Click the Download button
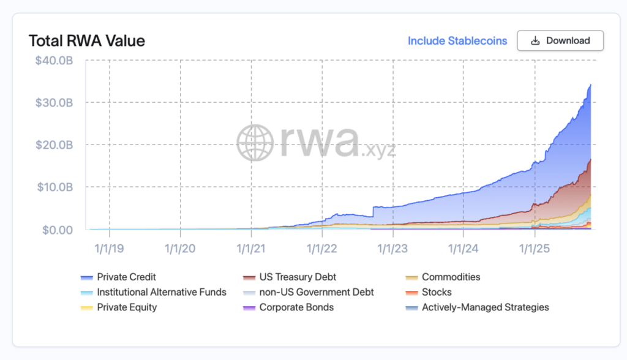[560, 40]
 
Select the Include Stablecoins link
[457, 40]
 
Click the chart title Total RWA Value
[86, 41]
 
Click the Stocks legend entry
[437, 292]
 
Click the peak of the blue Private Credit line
[590, 84]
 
